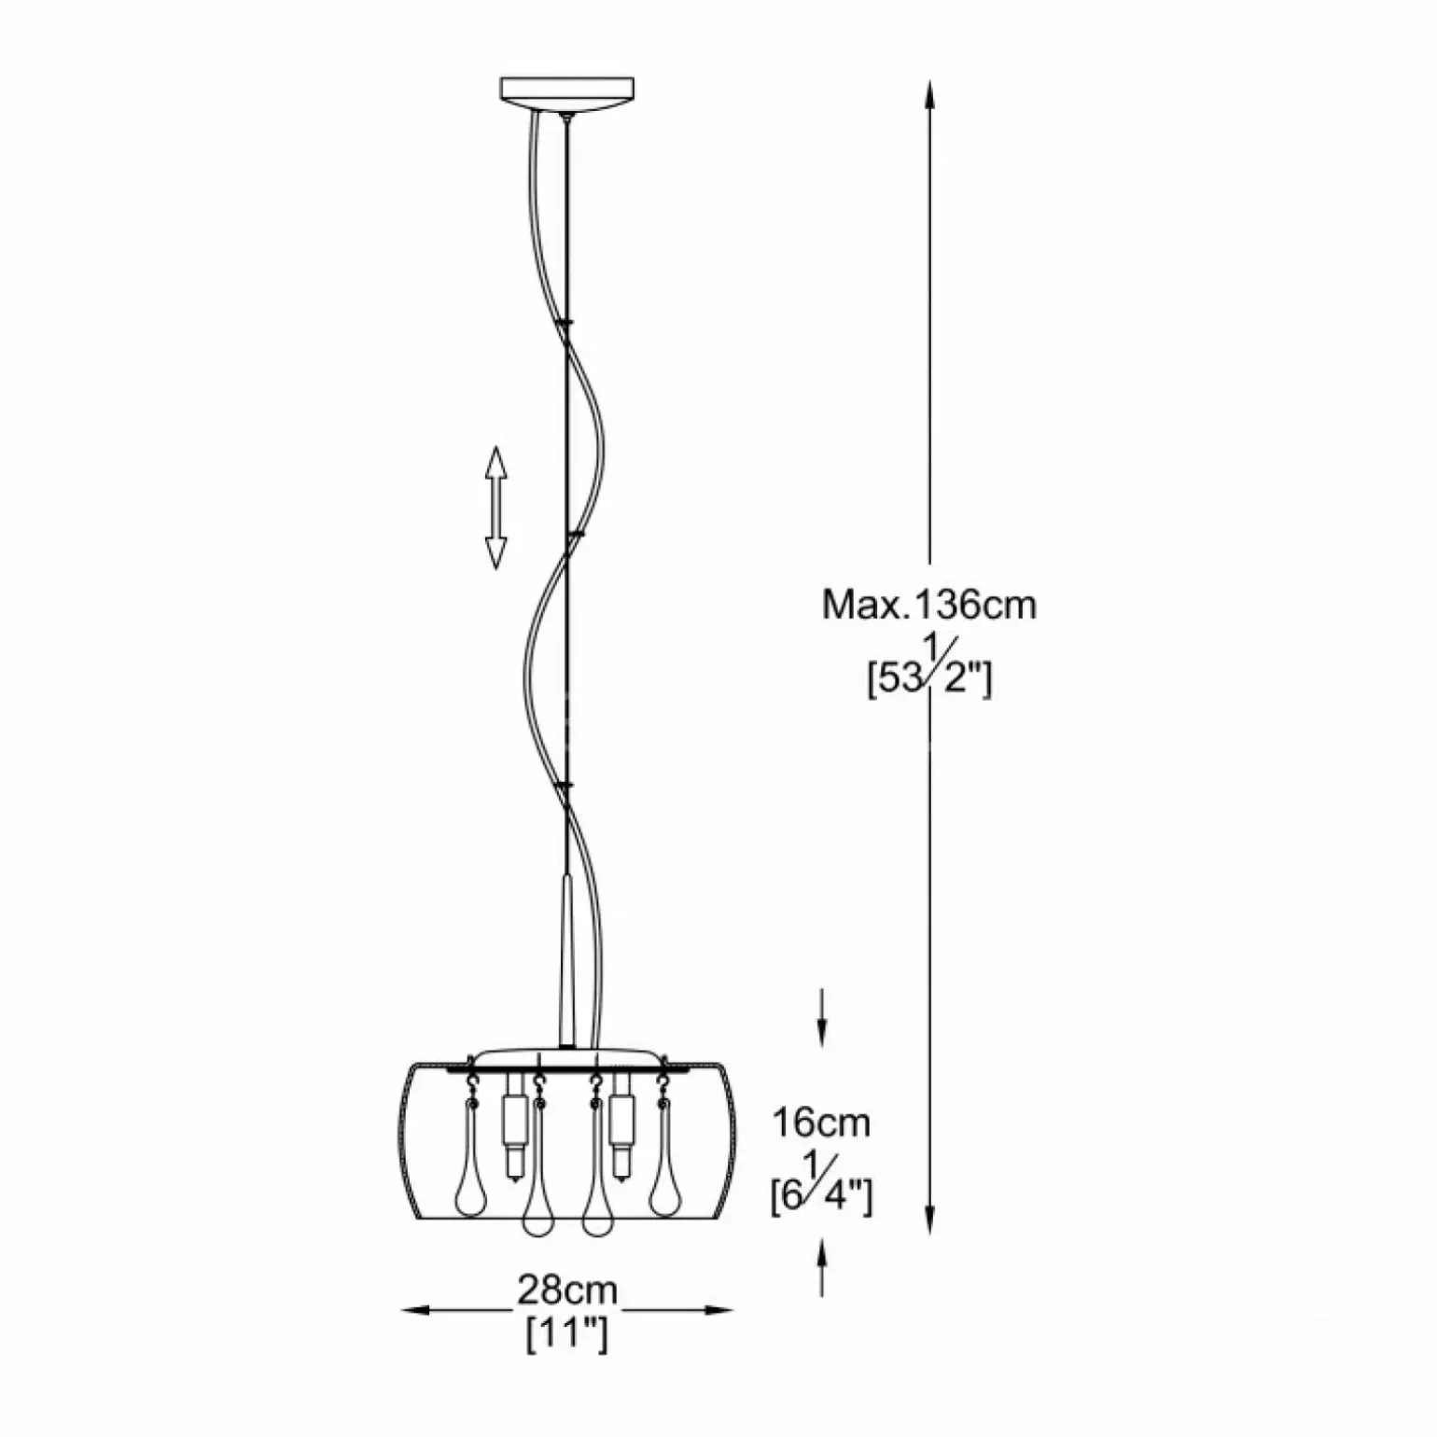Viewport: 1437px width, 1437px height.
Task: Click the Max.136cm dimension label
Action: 929,606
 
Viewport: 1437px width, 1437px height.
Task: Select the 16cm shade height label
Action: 820,1123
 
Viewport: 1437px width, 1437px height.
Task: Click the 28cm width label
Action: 567,1291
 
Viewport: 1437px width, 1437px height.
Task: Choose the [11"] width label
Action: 567,1337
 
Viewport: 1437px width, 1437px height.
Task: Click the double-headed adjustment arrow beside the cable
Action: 495,508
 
